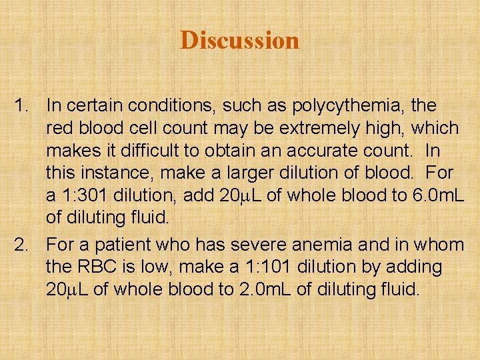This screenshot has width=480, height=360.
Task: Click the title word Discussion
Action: coord(239,41)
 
